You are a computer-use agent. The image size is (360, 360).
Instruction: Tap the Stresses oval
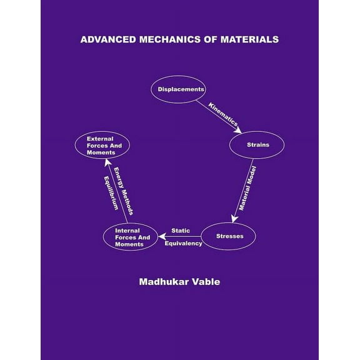point(229,236)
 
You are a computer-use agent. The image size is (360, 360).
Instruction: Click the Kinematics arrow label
point(223,115)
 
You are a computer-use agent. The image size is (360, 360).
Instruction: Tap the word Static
point(181,231)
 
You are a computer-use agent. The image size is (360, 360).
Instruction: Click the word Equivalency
point(183,244)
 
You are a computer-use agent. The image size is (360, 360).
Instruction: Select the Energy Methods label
point(123,191)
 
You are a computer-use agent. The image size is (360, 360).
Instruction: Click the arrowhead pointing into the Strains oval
point(237,131)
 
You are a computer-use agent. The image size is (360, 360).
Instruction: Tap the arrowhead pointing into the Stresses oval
point(233,219)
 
